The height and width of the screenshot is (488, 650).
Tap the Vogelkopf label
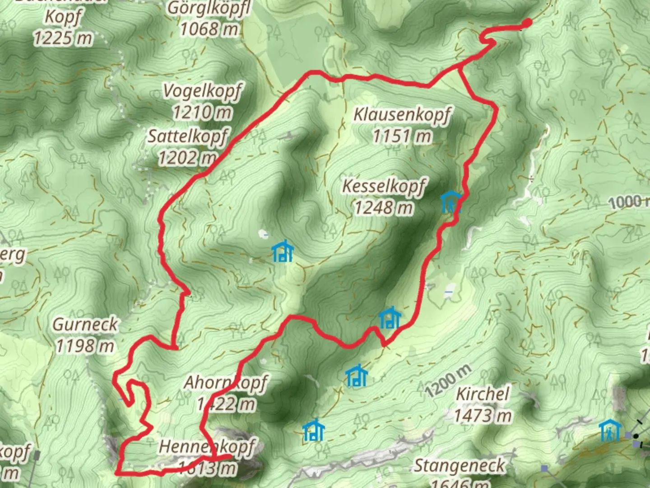[x=202, y=90]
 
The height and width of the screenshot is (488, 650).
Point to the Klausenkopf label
[x=402, y=114]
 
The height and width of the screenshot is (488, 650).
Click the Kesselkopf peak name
[x=384, y=186]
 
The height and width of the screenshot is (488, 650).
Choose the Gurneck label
[x=85, y=324]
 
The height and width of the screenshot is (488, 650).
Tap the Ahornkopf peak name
[x=225, y=383]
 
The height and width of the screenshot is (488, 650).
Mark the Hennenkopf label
[x=207, y=447]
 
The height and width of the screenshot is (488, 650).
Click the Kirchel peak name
[x=483, y=394]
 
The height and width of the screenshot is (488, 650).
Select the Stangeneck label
[x=460, y=465]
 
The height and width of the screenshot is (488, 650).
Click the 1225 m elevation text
[x=63, y=38]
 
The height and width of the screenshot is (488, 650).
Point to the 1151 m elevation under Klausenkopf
[x=402, y=136]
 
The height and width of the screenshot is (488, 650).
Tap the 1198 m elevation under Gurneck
[x=85, y=346]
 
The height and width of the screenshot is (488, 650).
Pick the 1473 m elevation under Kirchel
[x=483, y=415]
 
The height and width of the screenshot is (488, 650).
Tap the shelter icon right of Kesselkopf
[x=451, y=202]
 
